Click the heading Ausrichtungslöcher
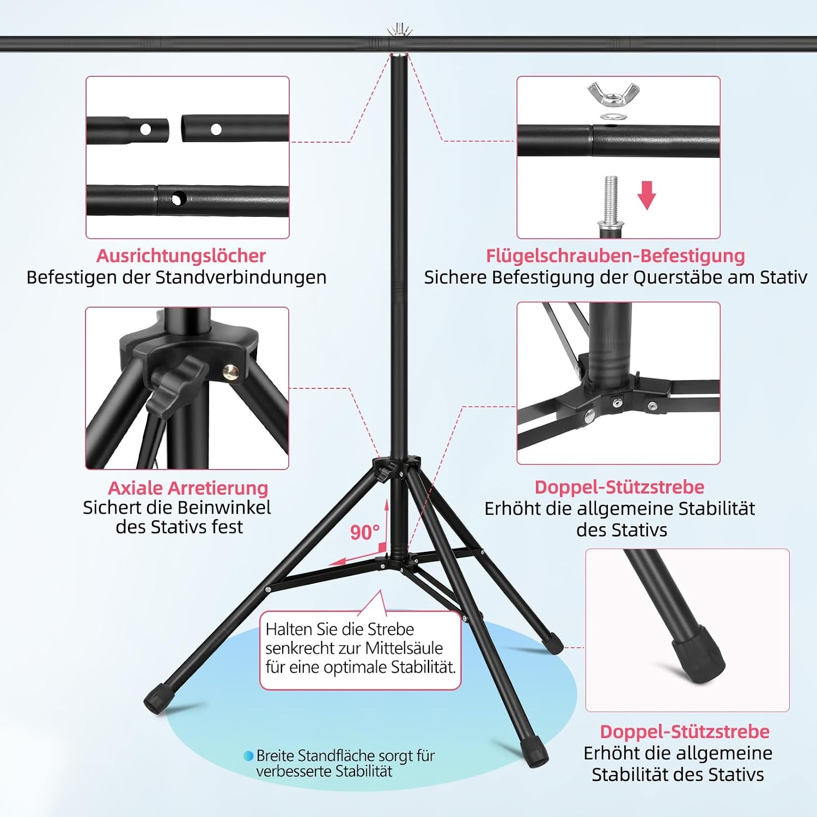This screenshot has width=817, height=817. point(181,255)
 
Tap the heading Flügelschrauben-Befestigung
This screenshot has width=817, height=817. point(615,255)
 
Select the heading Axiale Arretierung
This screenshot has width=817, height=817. point(188,487)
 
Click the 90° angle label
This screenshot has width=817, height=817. point(364,532)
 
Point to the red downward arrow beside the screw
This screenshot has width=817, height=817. point(647,196)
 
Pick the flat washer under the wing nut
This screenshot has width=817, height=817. point(613,116)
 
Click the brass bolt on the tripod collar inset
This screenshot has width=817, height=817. point(230,371)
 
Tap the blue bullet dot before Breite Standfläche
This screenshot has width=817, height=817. point(248,756)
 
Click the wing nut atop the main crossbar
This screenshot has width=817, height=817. point(400,29)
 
